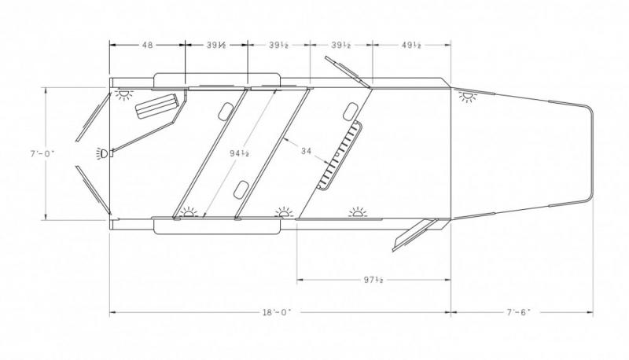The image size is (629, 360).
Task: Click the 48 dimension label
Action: pyautogui.click(x=147, y=45)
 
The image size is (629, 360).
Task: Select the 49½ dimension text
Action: pyautogui.click(x=411, y=45)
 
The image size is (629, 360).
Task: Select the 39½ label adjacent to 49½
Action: pyautogui.click(x=340, y=45)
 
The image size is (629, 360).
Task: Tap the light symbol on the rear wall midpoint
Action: pyautogui.click(x=102, y=152)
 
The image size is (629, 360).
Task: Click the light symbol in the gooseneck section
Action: pyautogui.click(x=469, y=97)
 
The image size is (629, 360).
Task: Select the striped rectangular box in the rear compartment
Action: pyautogui.click(x=156, y=105)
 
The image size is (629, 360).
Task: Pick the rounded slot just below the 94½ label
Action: pyautogui.click(x=242, y=187)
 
